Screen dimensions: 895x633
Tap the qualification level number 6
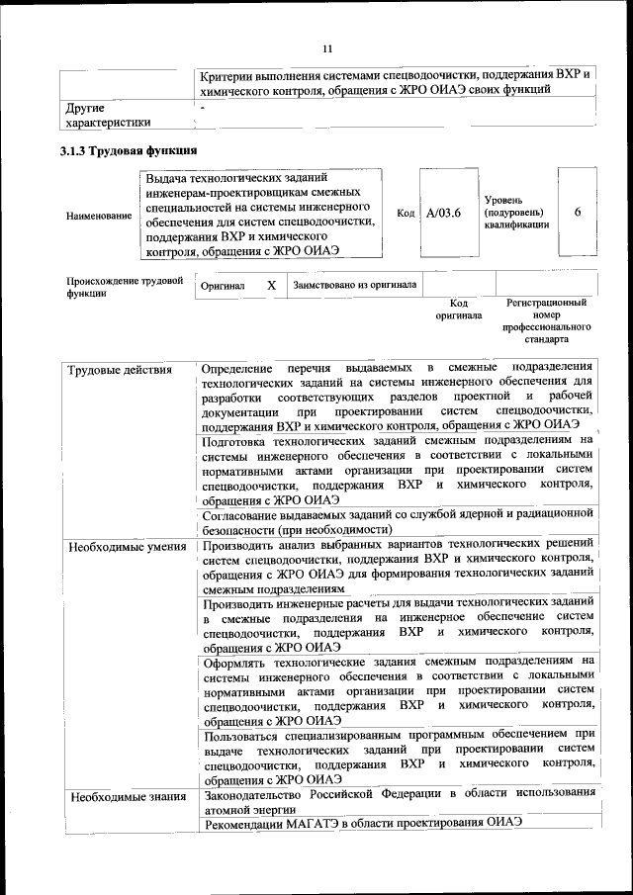[577, 213]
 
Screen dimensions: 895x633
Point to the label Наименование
[98, 215]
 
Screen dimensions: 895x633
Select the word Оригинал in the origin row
[223, 286]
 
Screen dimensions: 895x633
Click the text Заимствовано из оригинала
[354, 286]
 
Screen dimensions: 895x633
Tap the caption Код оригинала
[459, 310]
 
